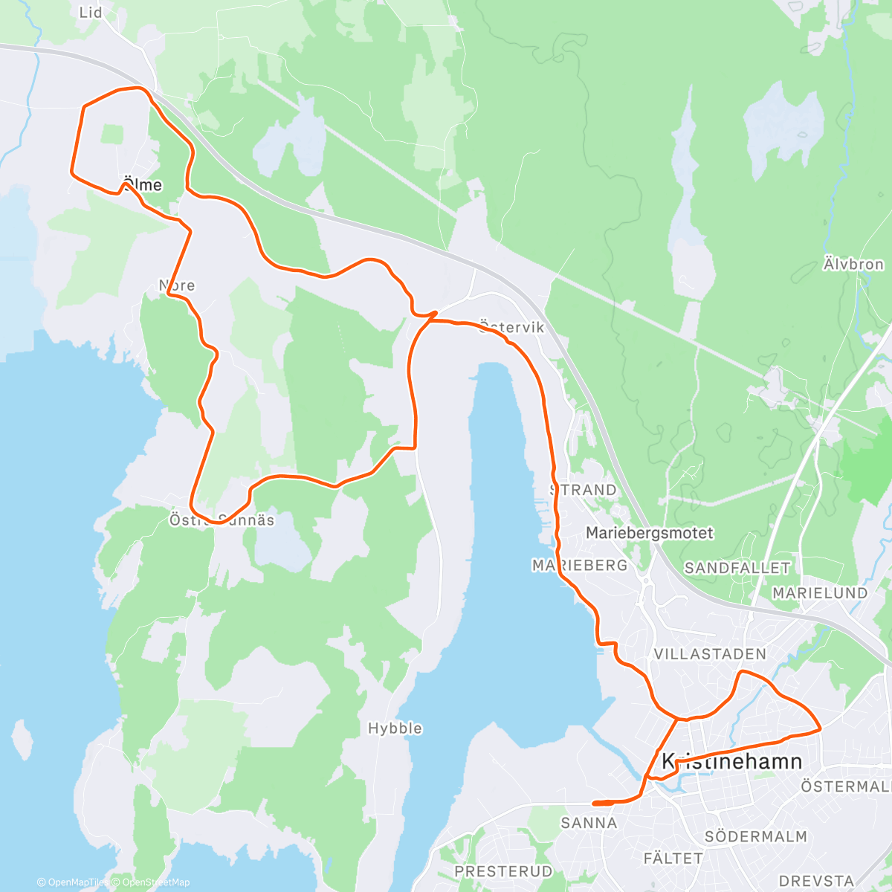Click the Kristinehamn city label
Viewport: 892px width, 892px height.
pyautogui.click(x=731, y=761)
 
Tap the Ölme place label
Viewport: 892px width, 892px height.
pyautogui.click(x=142, y=184)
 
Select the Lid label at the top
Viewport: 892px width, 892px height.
pyautogui.click(x=91, y=13)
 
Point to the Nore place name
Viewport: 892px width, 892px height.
pyautogui.click(x=177, y=285)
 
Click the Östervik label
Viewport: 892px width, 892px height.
pyautogui.click(x=512, y=327)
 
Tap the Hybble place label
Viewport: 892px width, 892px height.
pyautogui.click(x=395, y=728)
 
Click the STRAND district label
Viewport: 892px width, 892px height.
pyautogui.click(x=584, y=490)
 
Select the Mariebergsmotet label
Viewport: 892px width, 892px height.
pyautogui.click(x=650, y=533)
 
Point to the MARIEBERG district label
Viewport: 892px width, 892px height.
pyautogui.click(x=580, y=566)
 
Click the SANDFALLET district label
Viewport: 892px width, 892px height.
pyautogui.click(x=737, y=568)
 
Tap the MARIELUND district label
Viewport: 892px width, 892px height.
pyautogui.click(x=820, y=593)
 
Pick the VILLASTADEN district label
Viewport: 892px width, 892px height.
pyautogui.click(x=709, y=654)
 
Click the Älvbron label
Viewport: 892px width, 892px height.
pyautogui.click(x=853, y=265)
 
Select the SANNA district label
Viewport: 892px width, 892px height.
pyautogui.click(x=589, y=823)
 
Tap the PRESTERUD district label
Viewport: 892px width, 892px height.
pyautogui.click(x=503, y=871)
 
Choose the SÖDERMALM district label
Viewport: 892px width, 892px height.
pyautogui.click(x=755, y=837)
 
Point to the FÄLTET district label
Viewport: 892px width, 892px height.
pyautogui.click(x=673, y=859)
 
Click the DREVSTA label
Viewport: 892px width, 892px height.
pyautogui.click(x=816, y=881)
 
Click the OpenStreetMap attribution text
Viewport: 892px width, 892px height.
pyautogui.click(x=156, y=882)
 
